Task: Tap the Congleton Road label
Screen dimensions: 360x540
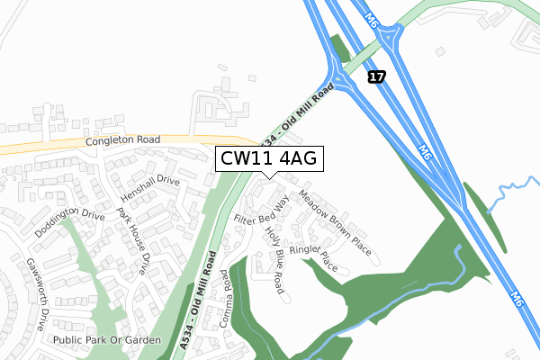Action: point(122,141)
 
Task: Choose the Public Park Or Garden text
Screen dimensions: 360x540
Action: point(106,340)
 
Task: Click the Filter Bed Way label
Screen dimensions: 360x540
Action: point(260,208)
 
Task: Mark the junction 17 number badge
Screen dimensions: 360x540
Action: point(377,78)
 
